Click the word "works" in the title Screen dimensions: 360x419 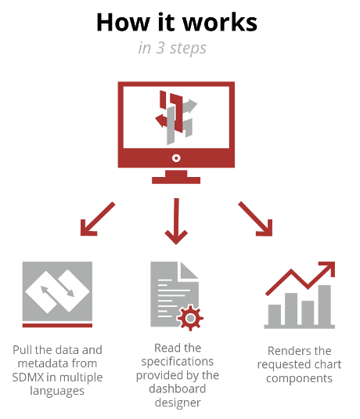tap(220, 22)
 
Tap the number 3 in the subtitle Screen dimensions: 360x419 tap(160, 48)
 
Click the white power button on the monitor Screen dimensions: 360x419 tap(176, 158)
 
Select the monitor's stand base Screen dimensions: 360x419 tap(176, 180)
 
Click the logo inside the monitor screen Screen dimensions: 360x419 tap(176, 117)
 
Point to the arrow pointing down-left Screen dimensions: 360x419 tap(98, 219)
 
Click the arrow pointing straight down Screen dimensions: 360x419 tap(176, 221)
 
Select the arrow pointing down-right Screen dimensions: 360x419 tap(255, 219)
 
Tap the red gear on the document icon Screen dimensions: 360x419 tap(190, 318)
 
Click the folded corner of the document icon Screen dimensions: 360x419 tap(189, 269)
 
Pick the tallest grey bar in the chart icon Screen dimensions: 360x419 tap(325, 305)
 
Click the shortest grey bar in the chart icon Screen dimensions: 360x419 tap(274, 315)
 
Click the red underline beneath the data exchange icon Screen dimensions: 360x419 tap(57, 325)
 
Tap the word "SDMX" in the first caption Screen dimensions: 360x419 tap(28, 377)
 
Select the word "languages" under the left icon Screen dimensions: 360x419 tap(57, 392)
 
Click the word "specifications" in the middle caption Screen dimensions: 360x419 tap(178, 362)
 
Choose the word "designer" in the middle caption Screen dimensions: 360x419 tap(178, 403)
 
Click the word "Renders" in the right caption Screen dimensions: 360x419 tap(286, 351)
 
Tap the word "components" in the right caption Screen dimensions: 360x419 tap(299, 378)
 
